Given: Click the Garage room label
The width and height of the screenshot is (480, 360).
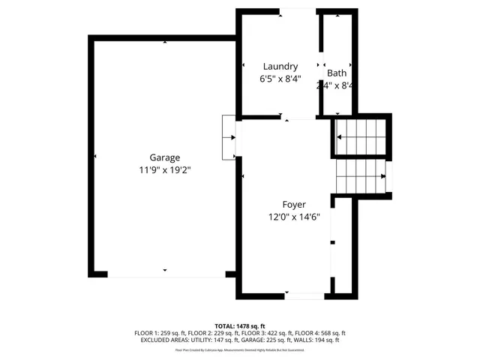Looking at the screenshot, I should (164, 157).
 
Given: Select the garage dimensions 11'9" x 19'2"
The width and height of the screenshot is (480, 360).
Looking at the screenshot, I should (164, 170).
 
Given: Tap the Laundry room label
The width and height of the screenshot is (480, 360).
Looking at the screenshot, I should (279, 66).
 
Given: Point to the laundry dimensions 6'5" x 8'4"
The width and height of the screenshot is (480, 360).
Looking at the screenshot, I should (279, 79).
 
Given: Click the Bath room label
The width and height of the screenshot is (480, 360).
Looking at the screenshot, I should (337, 73).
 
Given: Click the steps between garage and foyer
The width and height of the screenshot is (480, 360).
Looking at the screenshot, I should (229, 137).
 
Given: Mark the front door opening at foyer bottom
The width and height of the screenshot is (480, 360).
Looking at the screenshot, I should (304, 296).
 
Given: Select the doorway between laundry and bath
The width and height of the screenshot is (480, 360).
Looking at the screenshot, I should (322, 66).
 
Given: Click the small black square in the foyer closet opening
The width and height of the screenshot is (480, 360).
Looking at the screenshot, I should (333, 243).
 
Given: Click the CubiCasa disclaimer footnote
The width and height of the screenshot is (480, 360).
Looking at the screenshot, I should (240, 349).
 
